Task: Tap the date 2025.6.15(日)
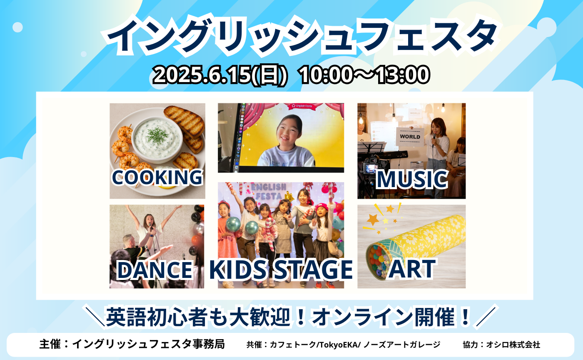(x=221, y=75)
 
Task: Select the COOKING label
(x=157, y=177)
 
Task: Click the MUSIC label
(x=411, y=180)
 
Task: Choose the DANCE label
(x=154, y=270)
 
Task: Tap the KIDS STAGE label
(x=281, y=270)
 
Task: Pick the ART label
(x=412, y=269)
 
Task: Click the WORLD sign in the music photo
(x=410, y=137)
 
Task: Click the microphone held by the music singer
(x=434, y=138)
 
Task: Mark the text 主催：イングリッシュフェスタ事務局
(x=132, y=344)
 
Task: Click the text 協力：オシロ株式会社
(x=501, y=345)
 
